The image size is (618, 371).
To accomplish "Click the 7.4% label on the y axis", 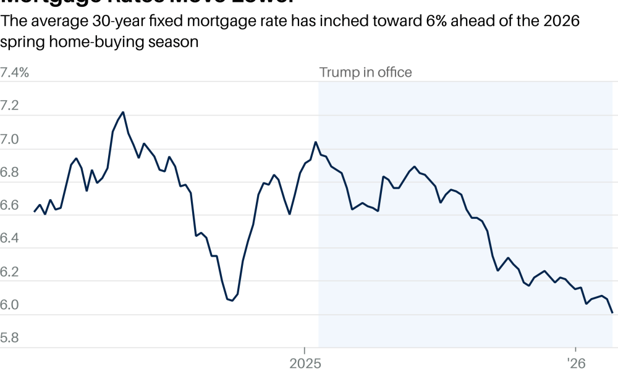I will click(15, 72).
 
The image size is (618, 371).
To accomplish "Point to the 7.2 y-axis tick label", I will click(11, 106).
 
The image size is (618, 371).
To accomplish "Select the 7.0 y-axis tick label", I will click(11, 139).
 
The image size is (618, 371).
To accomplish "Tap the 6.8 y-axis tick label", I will click(11, 173).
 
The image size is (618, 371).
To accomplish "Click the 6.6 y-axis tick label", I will click(11, 206).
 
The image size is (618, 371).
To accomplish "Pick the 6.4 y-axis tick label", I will click(11, 239).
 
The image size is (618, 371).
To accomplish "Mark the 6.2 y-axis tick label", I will click(11, 272).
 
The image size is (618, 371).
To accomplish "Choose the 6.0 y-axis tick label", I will click(11, 305).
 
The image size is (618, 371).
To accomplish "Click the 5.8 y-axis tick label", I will click(11, 339).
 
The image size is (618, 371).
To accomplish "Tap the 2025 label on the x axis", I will click(304, 362).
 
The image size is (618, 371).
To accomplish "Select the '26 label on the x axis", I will click(575, 362).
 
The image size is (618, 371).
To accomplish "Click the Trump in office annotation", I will click(365, 72).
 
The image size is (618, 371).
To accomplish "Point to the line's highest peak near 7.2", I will click(123, 112).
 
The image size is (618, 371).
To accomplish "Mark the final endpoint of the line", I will click(612, 313).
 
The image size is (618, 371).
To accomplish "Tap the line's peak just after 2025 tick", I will click(316, 142).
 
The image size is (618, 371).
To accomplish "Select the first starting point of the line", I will click(35, 211).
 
